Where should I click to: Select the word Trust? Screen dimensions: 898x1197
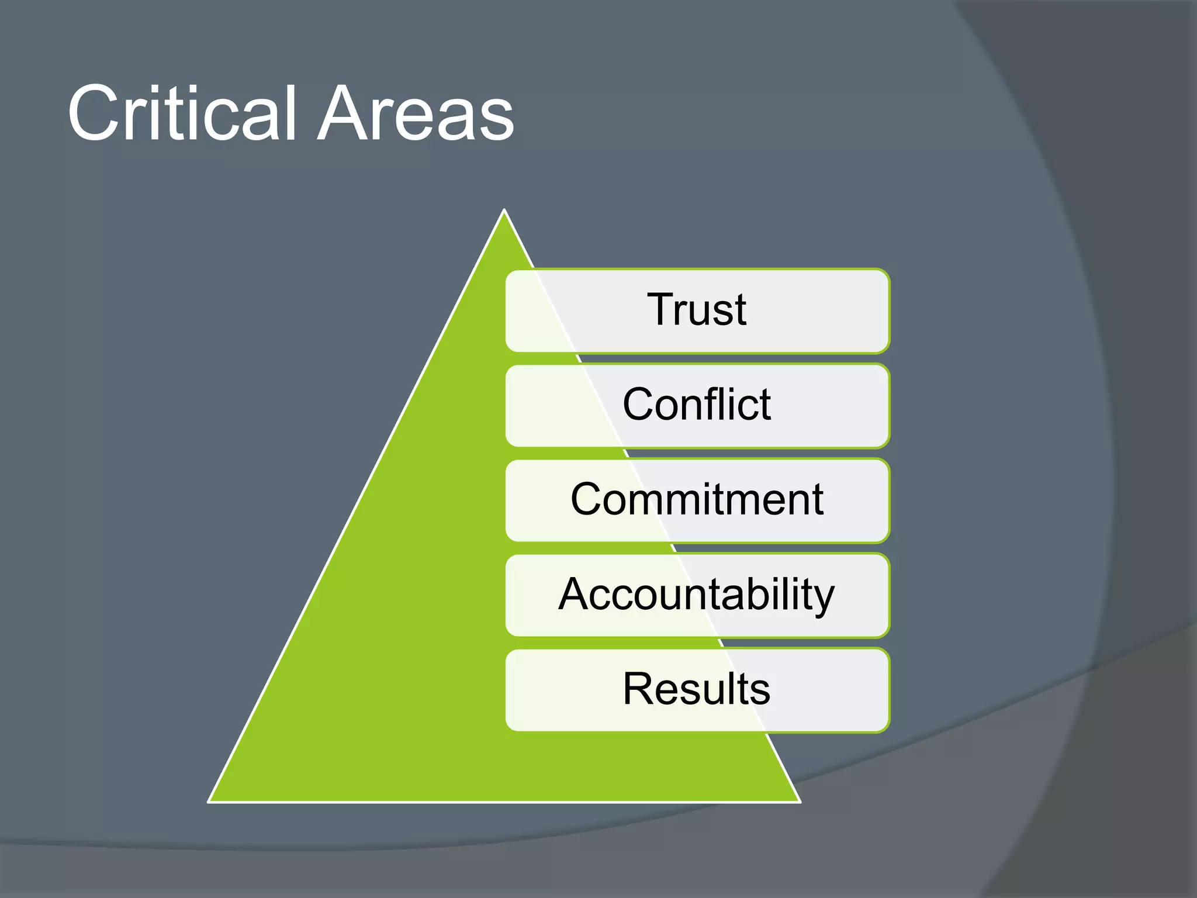[x=697, y=309]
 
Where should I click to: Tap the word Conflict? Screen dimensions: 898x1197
[x=697, y=404]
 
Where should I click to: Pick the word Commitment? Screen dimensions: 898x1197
[x=697, y=499]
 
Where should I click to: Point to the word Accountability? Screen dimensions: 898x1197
[x=697, y=595]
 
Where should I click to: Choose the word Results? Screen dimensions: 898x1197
[x=697, y=689]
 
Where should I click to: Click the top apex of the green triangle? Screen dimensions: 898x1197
[x=504, y=210]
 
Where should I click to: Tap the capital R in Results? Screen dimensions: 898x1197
[x=639, y=689]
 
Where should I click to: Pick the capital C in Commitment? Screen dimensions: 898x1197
[x=589, y=499]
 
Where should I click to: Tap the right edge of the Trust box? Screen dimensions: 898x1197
[x=888, y=310]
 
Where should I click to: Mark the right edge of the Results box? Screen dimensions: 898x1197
[x=888, y=690]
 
